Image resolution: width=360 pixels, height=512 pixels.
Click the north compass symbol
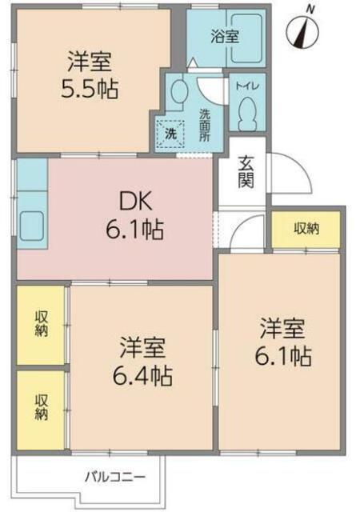pyautogui.click(x=302, y=30)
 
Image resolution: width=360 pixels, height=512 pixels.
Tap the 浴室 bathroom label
pyautogui.click(x=225, y=37)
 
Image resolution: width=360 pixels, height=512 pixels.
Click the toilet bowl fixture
pyautogui.click(x=247, y=114)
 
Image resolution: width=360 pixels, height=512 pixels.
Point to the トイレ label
pyautogui.click(x=247, y=86)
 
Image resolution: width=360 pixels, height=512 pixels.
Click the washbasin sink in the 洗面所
pyautogui.click(x=178, y=90)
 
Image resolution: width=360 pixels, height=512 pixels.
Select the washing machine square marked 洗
pyautogui.click(x=170, y=134)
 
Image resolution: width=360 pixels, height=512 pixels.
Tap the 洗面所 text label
pyautogui.click(x=205, y=125)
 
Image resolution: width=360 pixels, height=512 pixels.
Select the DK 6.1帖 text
pyautogui.click(x=134, y=215)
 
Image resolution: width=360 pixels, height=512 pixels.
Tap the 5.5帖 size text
pyautogui.click(x=90, y=89)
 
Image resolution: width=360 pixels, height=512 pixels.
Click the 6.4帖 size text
pyautogui.click(x=142, y=376)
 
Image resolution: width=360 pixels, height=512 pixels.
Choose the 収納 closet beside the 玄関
pyautogui.click(x=306, y=230)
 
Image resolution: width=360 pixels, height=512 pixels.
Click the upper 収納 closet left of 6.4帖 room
pyautogui.click(x=41, y=326)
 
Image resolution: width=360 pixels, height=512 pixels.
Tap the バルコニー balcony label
pyautogui.click(x=115, y=478)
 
